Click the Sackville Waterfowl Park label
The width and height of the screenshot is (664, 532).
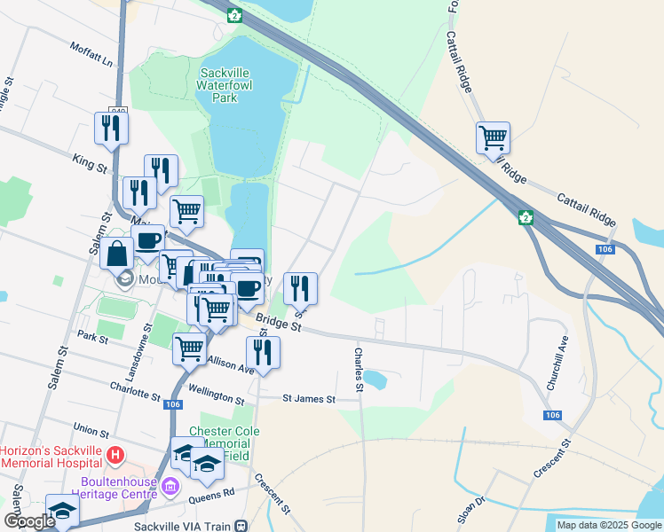[229, 85]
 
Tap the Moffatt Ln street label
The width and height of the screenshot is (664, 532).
[95, 55]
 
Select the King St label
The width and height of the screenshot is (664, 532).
[90, 162]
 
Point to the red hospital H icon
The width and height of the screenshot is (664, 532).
[114, 457]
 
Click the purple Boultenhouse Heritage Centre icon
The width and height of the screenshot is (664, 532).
[171, 484]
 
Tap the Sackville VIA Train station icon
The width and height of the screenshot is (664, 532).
[241, 526]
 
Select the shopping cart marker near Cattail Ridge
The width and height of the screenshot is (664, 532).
[493, 138]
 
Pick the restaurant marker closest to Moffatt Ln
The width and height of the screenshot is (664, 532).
[111, 128]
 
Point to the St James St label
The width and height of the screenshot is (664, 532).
[308, 400]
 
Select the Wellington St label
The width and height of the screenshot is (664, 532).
[215, 387]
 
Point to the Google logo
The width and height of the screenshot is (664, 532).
[28, 521]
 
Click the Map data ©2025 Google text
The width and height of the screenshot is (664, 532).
[610, 525]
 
